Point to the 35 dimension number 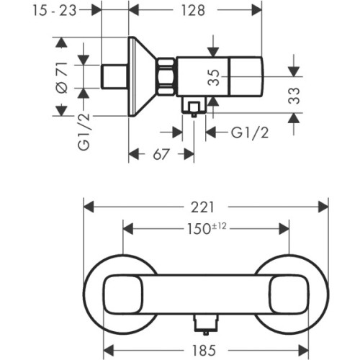(214, 78)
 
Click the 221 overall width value (206, 207)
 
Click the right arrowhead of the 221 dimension (325, 207)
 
